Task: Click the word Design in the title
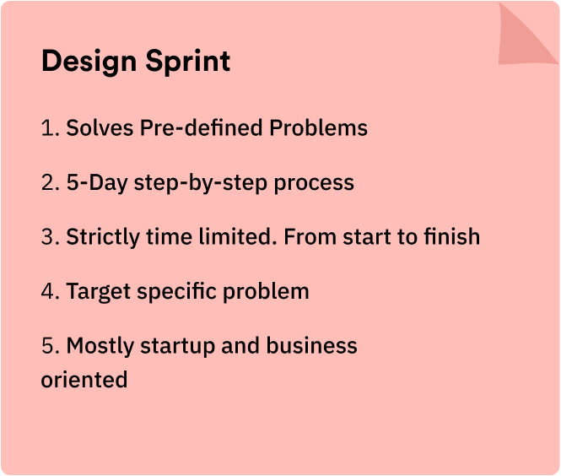click(89, 62)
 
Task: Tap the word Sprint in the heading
click(188, 62)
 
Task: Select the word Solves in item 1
click(100, 127)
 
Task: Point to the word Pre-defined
click(201, 127)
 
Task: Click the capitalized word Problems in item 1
click(318, 127)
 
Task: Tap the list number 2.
click(50, 182)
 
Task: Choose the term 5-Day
click(97, 183)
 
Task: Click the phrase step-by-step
click(201, 183)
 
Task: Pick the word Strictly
click(103, 237)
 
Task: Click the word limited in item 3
click(238, 236)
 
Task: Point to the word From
click(310, 236)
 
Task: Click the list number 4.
click(50, 291)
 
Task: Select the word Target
click(99, 292)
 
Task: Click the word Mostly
click(100, 346)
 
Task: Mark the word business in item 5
click(311, 345)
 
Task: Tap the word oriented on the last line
click(84, 380)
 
